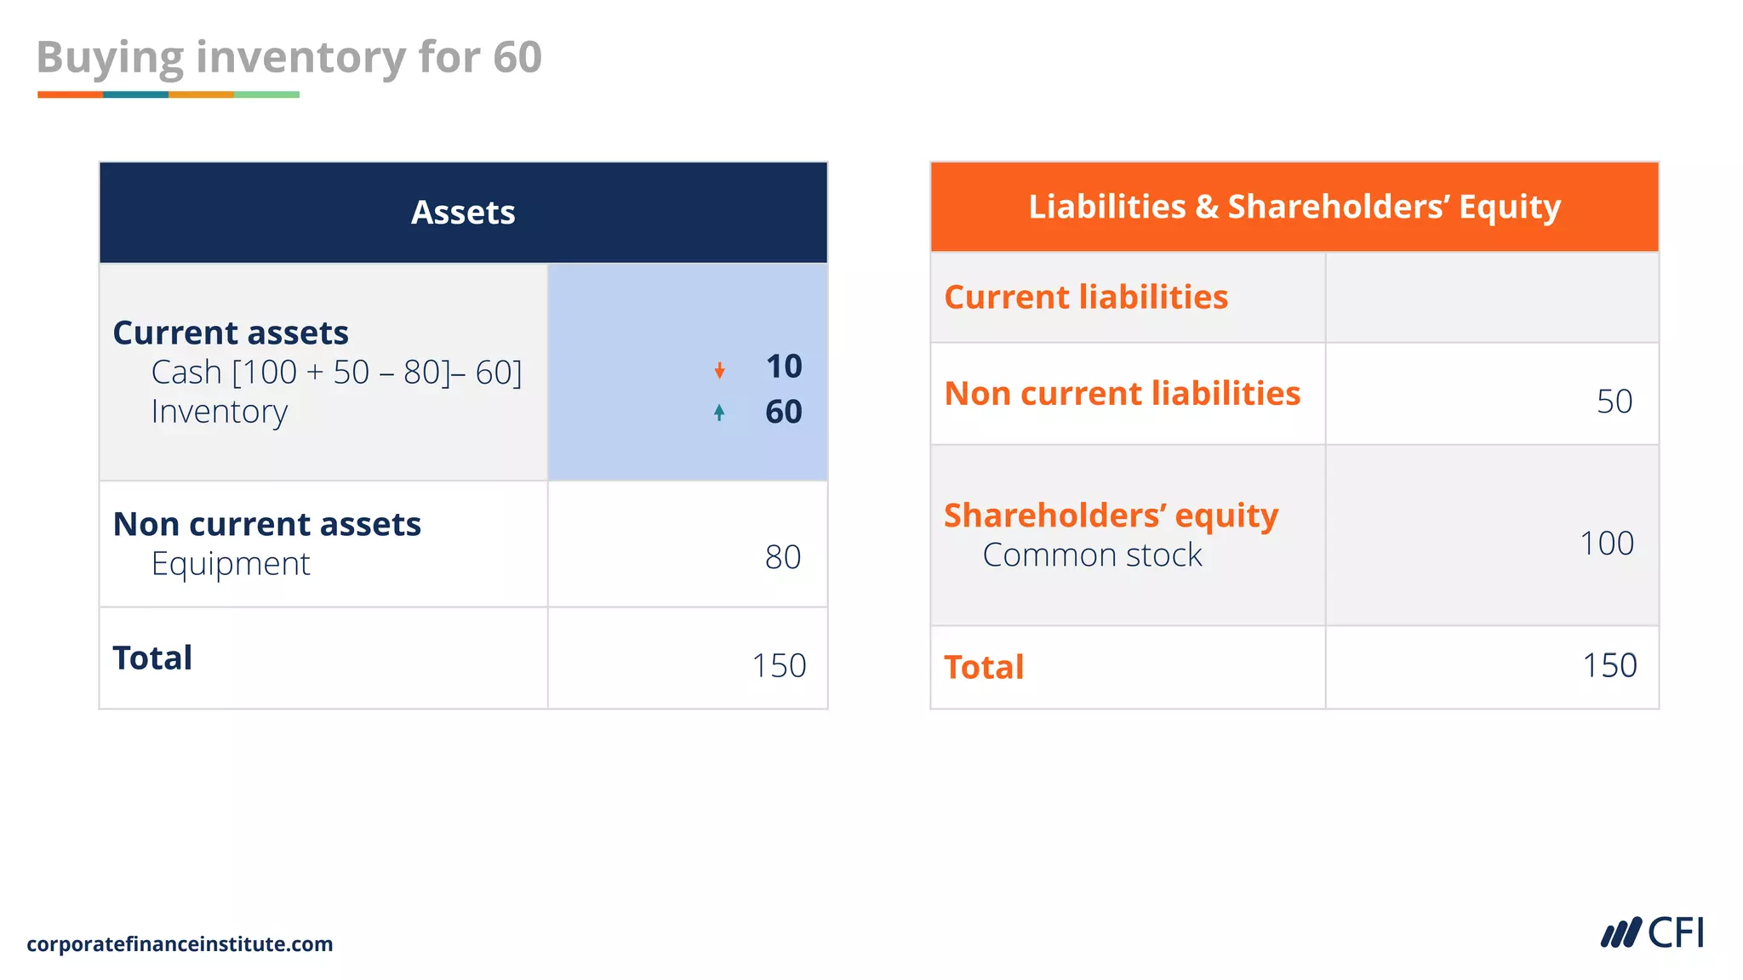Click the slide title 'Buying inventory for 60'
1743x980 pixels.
pyautogui.click(x=289, y=58)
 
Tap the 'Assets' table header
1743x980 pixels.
pyautogui.click(x=463, y=213)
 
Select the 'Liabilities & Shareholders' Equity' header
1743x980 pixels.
pyautogui.click(x=1294, y=207)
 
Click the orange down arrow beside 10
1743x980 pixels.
pyautogui.click(x=720, y=370)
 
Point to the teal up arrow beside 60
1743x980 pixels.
pyautogui.click(x=720, y=413)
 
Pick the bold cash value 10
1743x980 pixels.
pyautogui.click(x=784, y=367)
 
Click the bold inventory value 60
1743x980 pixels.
pyautogui.click(x=784, y=413)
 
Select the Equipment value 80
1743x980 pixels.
pyautogui.click(x=783, y=557)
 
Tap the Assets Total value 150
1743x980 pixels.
pyautogui.click(x=779, y=665)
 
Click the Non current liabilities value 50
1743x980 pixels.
pyautogui.click(x=1614, y=402)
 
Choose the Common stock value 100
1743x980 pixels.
pyautogui.click(x=1607, y=544)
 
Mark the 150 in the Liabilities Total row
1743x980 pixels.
pyautogui.click(x=1609, y=665)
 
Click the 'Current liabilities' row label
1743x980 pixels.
pyautogui.click(x=1086, y=297)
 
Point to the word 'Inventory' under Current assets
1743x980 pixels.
pyautogui.click(x=220, y=412)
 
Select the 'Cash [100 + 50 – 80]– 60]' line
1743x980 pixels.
pyautogui.click(x=336, y=373)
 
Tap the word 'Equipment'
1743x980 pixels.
pyautogui.click(x=231, y=564)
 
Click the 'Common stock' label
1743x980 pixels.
pyautogui.click(x=1092, y=556)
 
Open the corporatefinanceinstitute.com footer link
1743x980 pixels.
pyautogui.click(x=180, y=944)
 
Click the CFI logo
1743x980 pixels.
pyautogui.click(x=1652, y=933)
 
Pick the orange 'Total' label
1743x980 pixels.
pyautogui.click(x=984, y=667)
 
